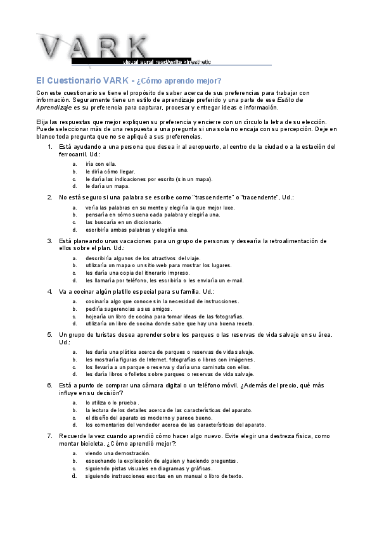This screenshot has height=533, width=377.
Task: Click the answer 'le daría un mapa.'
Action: tap(107, 187)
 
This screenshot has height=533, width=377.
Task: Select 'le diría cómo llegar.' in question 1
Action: tap(110, 172)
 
